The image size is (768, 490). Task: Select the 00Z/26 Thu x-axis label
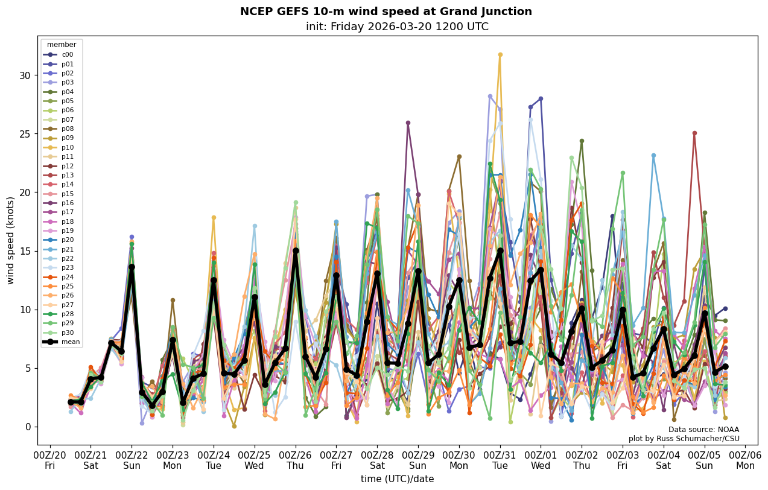coord(296,460)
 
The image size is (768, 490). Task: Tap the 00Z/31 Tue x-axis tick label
coord(500,460)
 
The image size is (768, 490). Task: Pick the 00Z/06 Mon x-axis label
coord(746,460)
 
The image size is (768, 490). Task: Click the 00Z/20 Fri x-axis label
coord(50,460)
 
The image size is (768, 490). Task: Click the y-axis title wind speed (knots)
coord(10,240)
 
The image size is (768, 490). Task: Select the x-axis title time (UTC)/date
coord(397,479)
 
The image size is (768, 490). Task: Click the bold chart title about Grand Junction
coord(386,11)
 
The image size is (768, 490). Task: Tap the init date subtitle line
coord(397,27)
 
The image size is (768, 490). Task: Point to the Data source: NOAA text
coord(703,430)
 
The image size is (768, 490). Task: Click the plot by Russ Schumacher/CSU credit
coord(684,439)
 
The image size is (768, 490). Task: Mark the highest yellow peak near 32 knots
coord(500,55)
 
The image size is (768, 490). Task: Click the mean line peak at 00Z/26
coord(296,250)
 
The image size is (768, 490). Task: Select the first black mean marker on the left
coord(71,402)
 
